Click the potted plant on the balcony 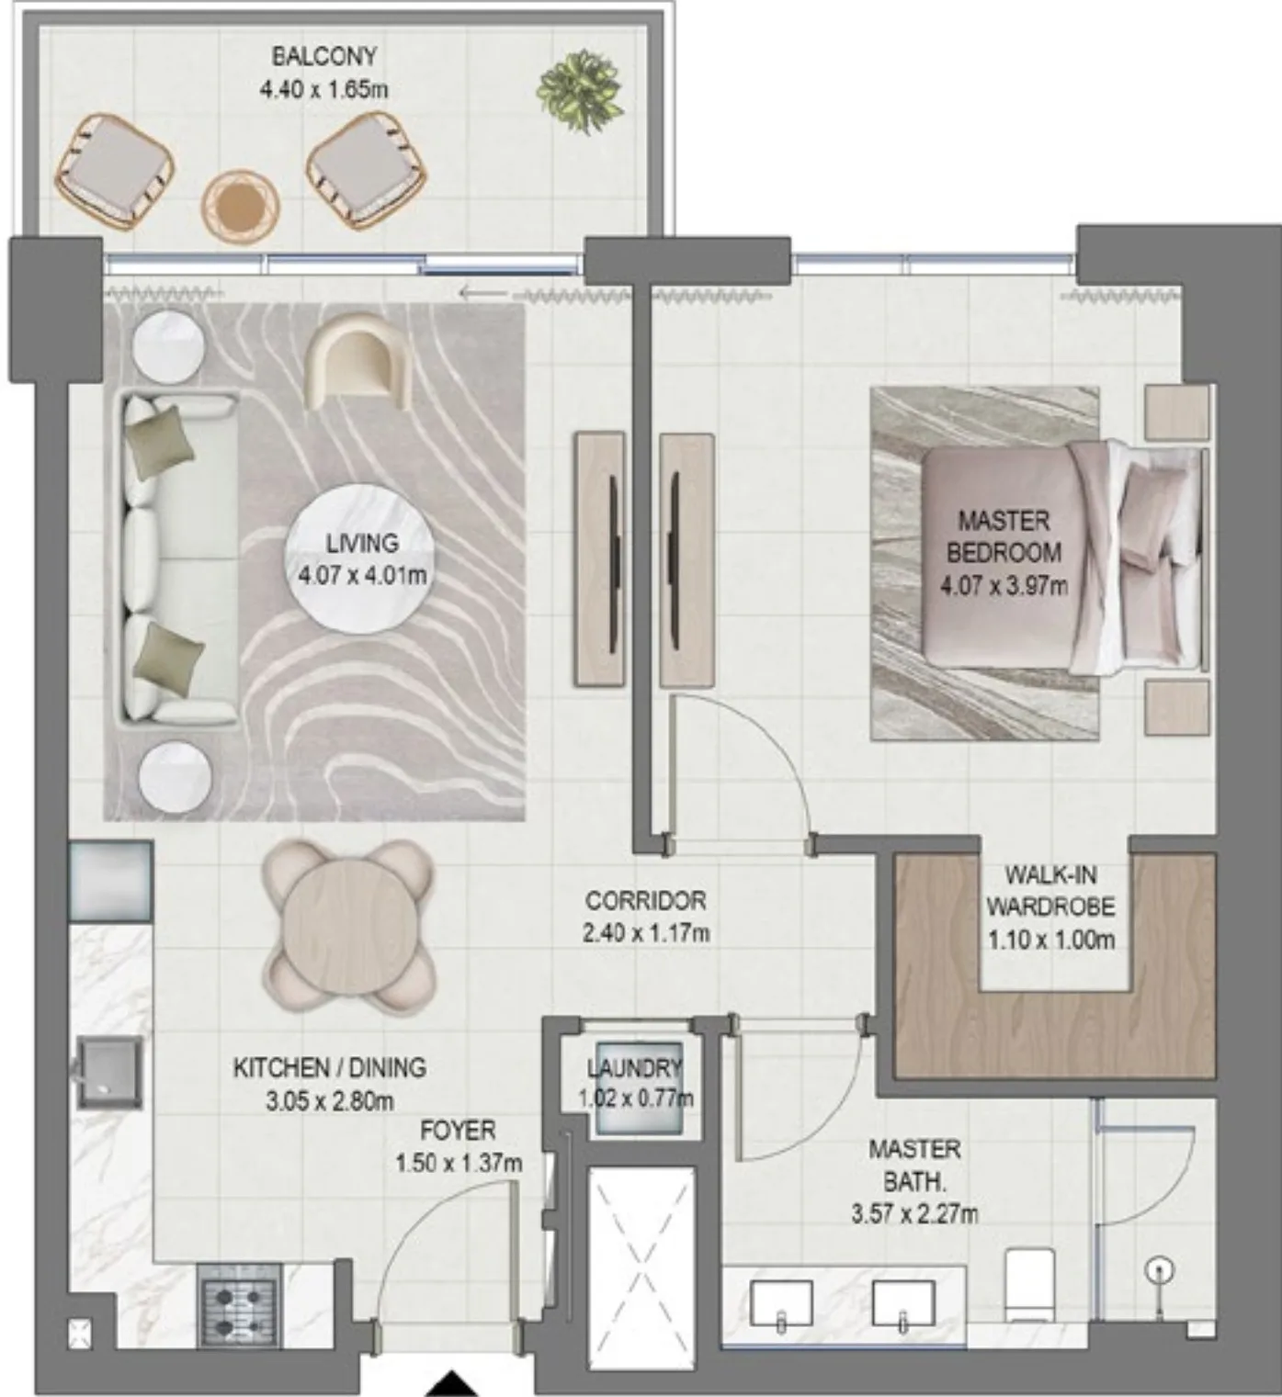tap(579, 91)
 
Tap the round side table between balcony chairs tap(241, 207)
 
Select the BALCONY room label tap(324, 56)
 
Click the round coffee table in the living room tap(361, 560)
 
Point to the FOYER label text tap(458, 1130)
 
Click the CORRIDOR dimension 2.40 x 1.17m tap(646, 932)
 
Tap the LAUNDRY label tap(634, 1067)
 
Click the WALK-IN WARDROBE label tap(1050, 891)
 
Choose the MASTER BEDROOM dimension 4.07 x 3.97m tap(1004, 585)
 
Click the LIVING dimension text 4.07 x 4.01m tap(362, 576)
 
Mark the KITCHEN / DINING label tap(330, 1067)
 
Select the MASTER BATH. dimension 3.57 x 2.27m tap(914, 1214)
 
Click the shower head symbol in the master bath tap(1159, 1270)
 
